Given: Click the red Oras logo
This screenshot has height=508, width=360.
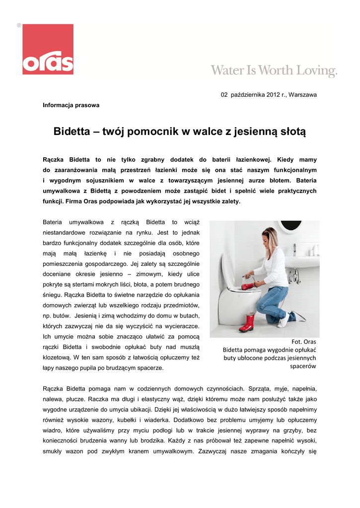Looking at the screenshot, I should click(x=48, y=49).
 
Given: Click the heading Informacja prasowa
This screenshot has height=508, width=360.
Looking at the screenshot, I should click(x=71, y=105).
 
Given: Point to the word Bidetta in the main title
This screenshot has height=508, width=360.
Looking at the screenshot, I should click(x=74, y=131).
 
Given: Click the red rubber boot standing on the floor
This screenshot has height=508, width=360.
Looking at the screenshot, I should click(x=247, y=322).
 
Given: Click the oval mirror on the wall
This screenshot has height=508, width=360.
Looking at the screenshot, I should click(x=290, y=227).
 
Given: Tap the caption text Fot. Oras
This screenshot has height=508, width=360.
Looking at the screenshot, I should click(x=303, y=341).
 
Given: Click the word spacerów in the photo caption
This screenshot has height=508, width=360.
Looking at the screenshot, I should click(x=303, y=366).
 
